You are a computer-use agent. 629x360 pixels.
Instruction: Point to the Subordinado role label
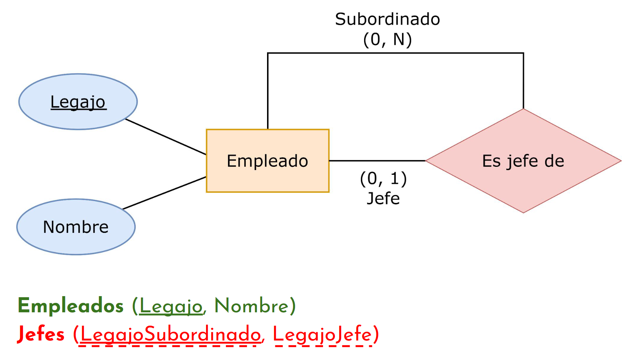387,19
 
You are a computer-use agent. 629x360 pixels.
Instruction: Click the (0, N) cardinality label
387,39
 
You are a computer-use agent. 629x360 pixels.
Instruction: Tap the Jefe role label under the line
383,199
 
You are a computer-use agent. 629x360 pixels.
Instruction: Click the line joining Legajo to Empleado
166,137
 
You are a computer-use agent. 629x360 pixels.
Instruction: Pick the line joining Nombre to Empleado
165,193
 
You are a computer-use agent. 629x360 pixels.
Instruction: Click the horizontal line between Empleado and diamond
377,161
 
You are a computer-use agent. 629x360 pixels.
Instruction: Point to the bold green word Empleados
71,306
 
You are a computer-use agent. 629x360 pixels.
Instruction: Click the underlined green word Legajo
171,306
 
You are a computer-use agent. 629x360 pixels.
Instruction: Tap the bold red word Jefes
41,334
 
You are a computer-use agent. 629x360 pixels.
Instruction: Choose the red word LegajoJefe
322,334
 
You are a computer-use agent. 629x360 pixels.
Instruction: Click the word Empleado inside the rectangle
267,161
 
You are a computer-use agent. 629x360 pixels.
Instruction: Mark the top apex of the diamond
523,109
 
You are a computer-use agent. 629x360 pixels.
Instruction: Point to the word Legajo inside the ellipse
78,102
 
